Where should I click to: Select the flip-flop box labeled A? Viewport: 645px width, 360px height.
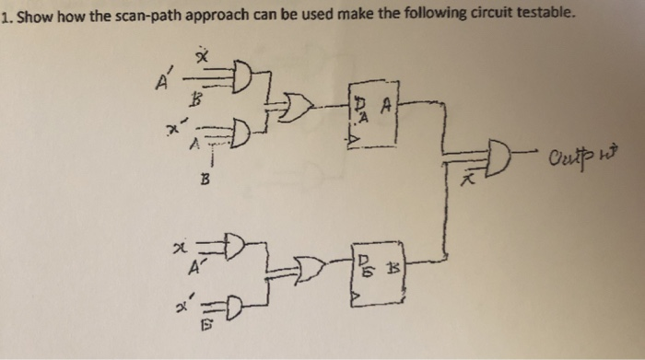[373, 114]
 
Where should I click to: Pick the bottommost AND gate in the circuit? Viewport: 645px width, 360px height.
[232, 305]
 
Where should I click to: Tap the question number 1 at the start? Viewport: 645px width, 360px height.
[5, 14]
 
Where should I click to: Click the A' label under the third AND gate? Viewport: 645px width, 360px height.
[194, 269]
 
